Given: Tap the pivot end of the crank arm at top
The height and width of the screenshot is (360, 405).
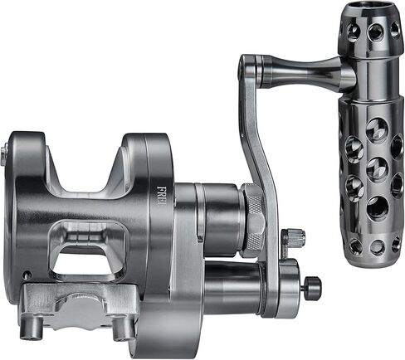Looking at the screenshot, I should [248, 66].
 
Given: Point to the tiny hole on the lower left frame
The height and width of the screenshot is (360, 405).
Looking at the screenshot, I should [27, 275].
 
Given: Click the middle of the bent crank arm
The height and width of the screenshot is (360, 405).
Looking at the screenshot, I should [265, 158].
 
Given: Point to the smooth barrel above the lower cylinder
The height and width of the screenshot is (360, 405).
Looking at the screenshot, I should [219, 219].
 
